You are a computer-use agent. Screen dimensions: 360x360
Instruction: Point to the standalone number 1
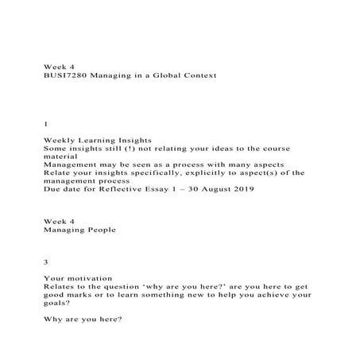coord(45,125)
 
